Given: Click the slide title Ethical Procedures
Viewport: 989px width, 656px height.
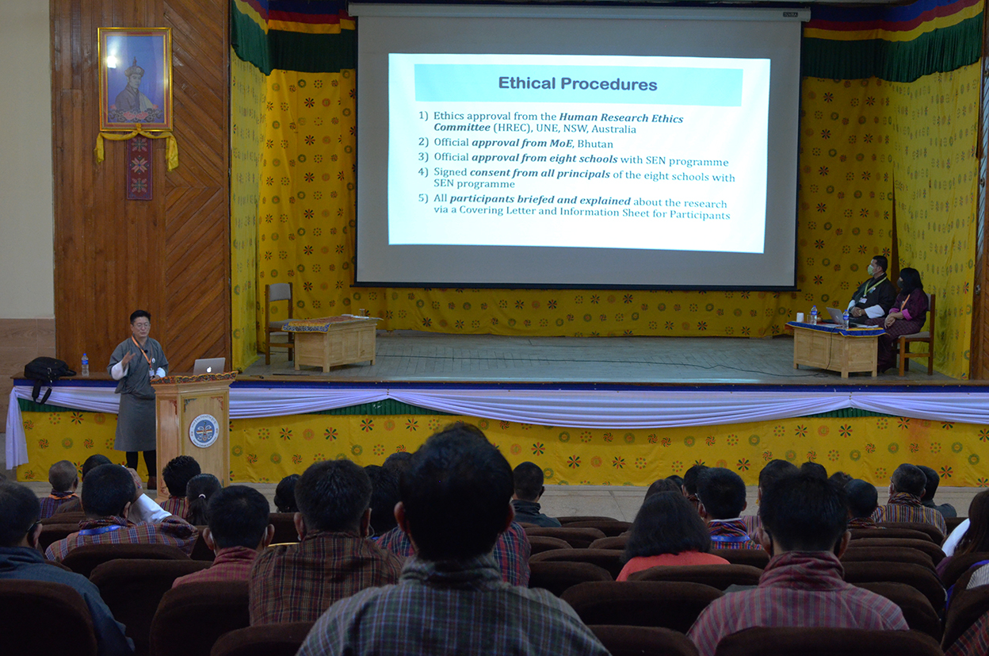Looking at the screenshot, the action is (x=578, y=84).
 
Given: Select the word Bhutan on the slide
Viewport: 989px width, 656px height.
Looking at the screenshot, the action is (x=595, y=144).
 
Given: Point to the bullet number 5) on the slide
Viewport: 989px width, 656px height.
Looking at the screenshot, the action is (x=423, y=198).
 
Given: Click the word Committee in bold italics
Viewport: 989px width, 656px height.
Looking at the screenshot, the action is (x=462, y=127).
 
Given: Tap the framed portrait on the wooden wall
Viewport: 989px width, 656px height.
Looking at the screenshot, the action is (x=135, y=79).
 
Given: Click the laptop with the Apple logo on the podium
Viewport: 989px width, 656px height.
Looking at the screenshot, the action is (x=209, y=366).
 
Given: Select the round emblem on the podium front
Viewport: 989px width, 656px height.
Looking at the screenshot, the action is (x=204, y=430).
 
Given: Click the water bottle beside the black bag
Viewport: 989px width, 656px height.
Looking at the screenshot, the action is (x=85, y=365).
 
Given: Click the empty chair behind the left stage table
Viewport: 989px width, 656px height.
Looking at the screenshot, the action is (x=279, y=321).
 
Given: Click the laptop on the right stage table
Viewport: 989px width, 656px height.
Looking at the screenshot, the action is (x=835, y=316).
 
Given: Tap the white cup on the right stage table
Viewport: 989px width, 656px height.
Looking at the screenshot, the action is (x=800, y=317).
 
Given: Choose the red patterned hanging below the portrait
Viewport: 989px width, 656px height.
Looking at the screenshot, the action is (x=139, y=168).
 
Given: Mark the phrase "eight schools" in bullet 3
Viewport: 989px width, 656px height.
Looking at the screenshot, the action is (x=589, y=159).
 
